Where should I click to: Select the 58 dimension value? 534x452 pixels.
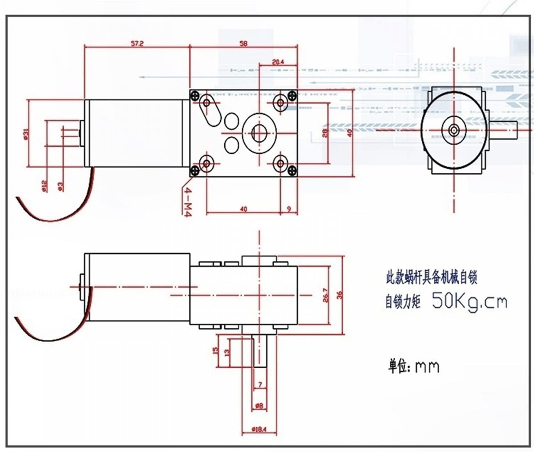(x=243, y=44)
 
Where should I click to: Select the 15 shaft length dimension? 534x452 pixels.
(x=216, y=351)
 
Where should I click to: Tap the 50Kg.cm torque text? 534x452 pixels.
(x=469, y=302)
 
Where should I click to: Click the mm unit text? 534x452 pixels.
(x=427, y=367)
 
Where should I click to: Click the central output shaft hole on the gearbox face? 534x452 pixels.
(x=259, y=132)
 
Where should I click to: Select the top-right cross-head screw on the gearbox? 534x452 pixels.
(x=292, y=94)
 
